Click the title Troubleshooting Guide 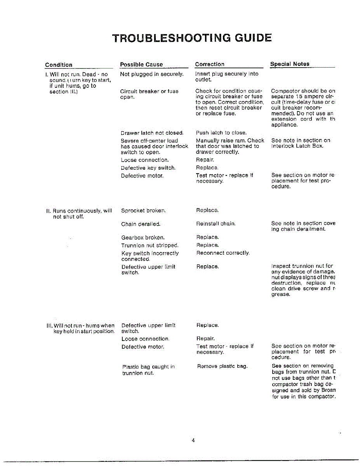click(x=192, y=38)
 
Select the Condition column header click(x=59, y=65)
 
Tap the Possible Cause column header click(x=141, y=64)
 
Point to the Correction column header click(x=210, y=64)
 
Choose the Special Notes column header click(x=290, y=64)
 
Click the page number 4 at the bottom click(x=193, y=440)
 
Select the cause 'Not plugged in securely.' click(x=152, y=74)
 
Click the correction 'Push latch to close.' click(x=221, y=133)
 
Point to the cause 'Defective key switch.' click(x=148, y=168)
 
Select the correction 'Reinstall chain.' click(x=216, y=224)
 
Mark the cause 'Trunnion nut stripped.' click(x=150, y=245)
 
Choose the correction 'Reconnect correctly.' click(x=223, y=253)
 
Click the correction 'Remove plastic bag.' click(x=222, y=366)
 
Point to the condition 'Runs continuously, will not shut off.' click(x=79, y=214)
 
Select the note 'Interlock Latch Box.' click(x=297, y=146)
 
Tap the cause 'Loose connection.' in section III click(x=145, y=339)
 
